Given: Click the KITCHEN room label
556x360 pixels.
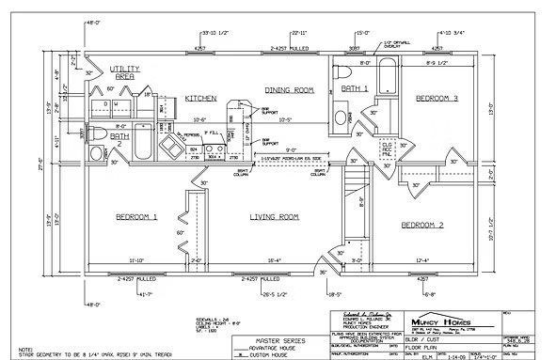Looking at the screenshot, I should pos(202,98).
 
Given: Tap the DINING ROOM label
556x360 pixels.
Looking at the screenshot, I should pos(288,90).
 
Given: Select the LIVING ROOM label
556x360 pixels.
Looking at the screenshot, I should pos(274,216).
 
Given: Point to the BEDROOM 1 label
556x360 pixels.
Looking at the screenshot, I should pos(136,216).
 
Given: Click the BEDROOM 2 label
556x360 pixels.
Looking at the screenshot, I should pos(421,225).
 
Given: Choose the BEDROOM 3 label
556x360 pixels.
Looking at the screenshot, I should pos(437,98).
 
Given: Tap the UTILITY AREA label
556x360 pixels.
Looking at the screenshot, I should pos(124,72).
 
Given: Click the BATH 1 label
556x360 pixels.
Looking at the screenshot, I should pos(355,88).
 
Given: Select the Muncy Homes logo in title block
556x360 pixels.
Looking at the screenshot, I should pos(454,323).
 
